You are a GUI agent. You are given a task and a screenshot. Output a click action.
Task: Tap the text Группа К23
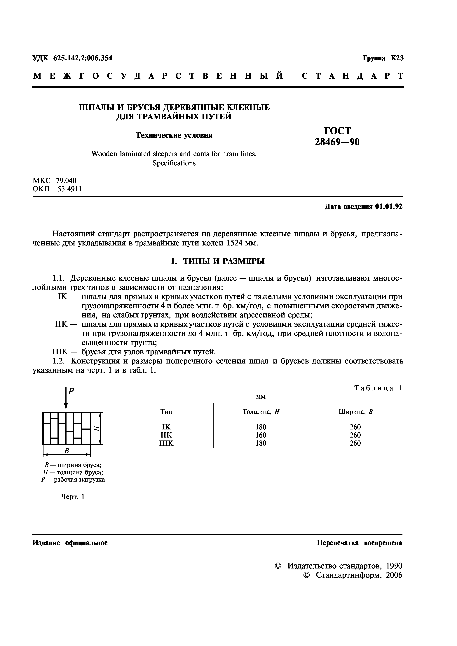383,58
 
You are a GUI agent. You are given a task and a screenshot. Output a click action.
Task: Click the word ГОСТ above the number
337,131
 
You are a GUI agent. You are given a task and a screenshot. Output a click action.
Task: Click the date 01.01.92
389,207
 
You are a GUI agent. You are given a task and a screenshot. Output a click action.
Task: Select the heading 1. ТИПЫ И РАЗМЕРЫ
218,261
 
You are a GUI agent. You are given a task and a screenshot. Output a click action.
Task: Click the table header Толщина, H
261,412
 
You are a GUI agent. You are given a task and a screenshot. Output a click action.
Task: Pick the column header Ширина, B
355,412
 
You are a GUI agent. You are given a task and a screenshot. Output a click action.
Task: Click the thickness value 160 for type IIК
261,435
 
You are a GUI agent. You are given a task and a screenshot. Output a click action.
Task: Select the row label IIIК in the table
166,443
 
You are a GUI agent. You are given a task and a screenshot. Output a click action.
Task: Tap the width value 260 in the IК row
355,427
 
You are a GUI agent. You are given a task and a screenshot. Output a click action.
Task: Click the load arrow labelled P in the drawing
66,398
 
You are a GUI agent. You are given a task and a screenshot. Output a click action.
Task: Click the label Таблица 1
378,388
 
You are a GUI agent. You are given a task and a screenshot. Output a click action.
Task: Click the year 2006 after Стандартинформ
394,575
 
